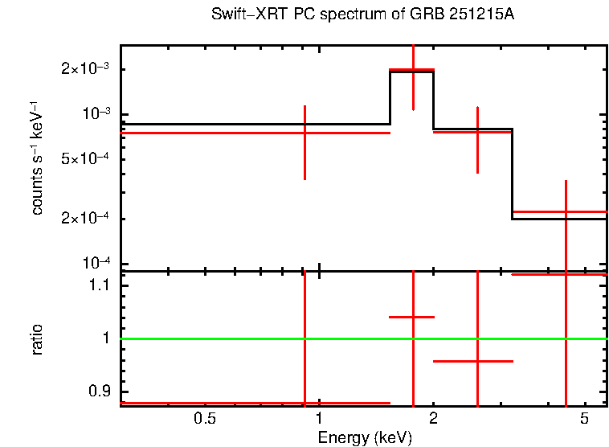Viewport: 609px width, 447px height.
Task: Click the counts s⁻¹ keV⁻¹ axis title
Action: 37,161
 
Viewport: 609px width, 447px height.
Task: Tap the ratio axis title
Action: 37,339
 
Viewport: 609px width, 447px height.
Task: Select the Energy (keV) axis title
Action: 365,438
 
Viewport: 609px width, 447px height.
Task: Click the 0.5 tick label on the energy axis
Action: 206,419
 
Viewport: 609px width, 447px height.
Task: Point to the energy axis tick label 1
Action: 319,419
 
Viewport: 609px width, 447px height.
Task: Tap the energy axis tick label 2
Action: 433,419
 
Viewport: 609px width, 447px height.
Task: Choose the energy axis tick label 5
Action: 583,419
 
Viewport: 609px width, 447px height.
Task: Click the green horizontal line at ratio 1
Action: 241,338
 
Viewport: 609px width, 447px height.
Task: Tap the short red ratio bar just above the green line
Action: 411,317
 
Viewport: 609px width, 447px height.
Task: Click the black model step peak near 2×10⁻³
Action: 411,72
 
